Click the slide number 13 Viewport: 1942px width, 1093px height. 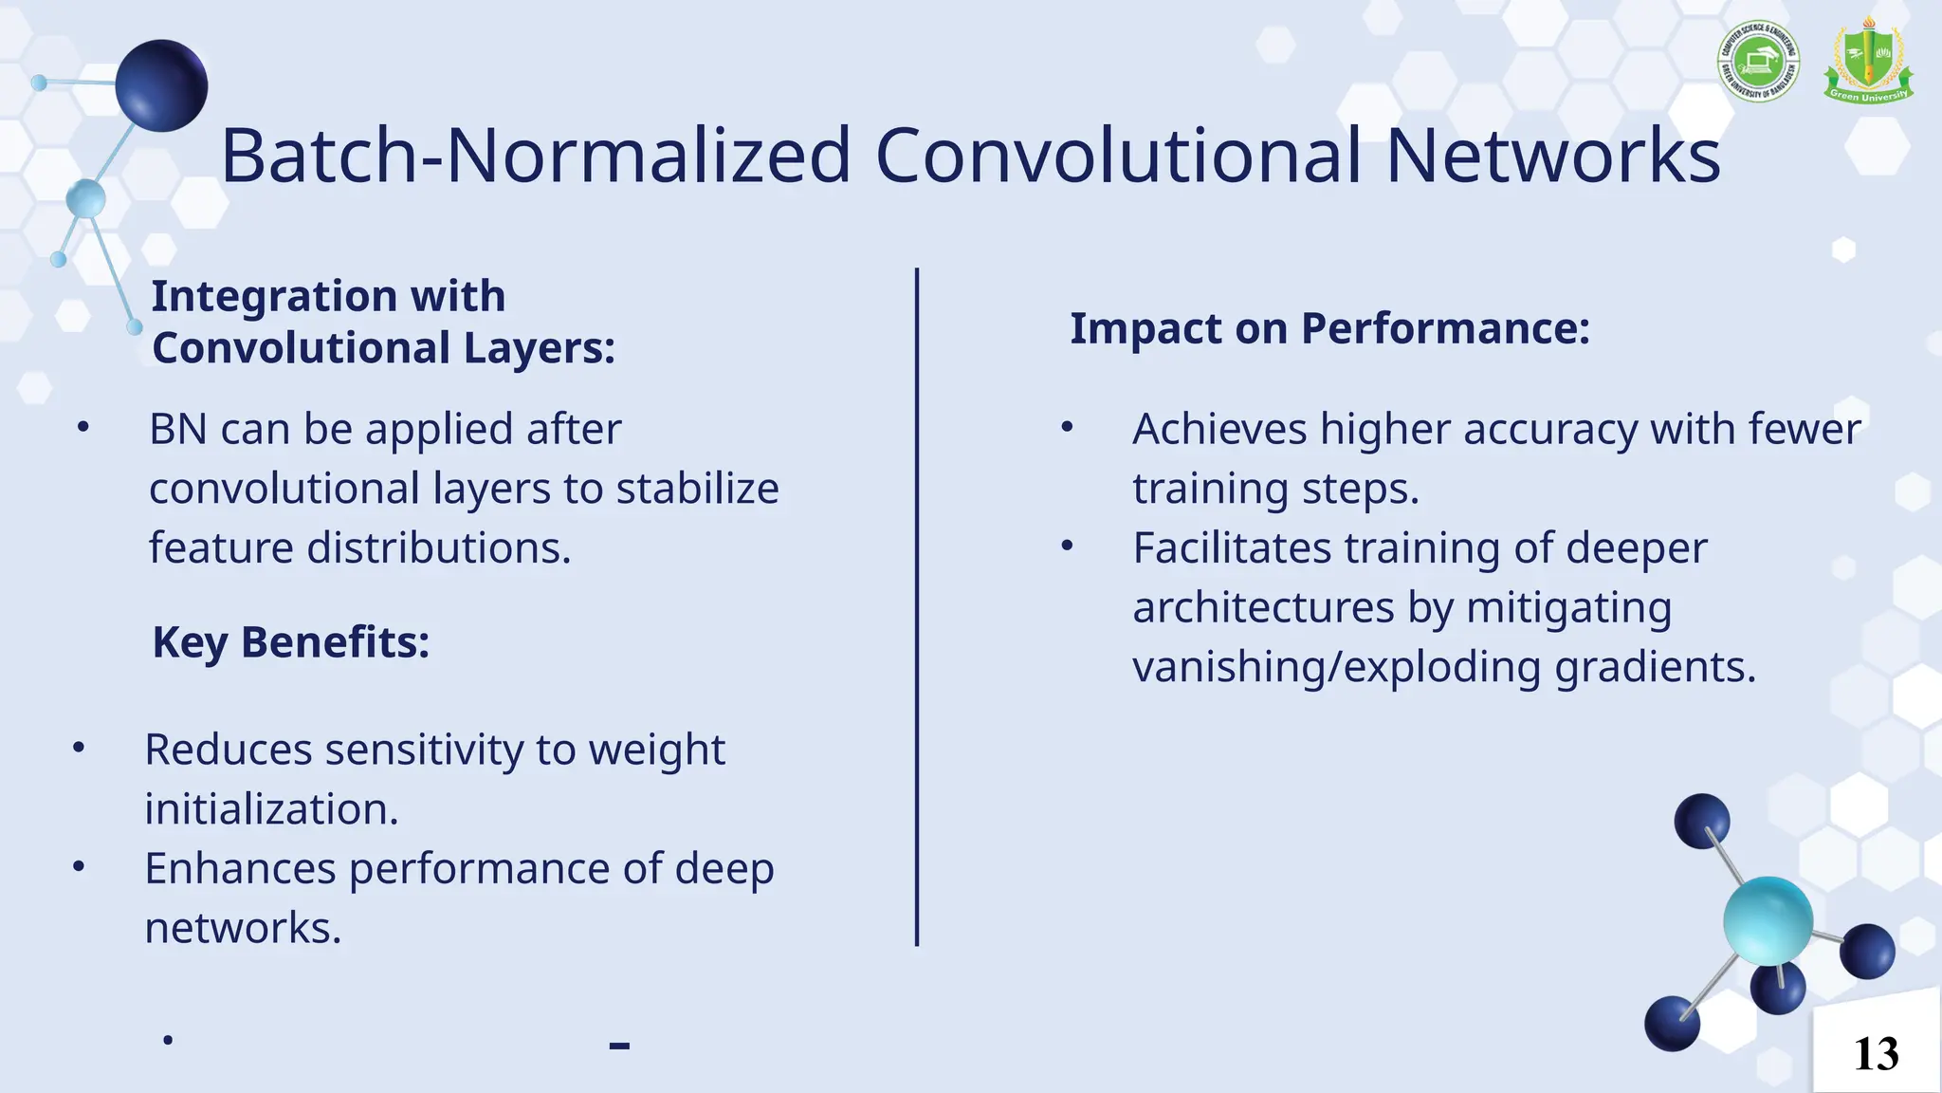coord(1876,1054)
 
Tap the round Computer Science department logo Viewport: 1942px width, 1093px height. coord(1758,62)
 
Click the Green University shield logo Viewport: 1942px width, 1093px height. coord(1867,62)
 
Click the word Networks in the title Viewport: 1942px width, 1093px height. coord(1552,156)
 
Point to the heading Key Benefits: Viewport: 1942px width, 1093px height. coord(291,642)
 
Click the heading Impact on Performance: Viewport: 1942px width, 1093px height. coord(1329,328)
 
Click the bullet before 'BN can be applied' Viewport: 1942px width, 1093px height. coord(83,428)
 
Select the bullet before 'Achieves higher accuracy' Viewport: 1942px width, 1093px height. coord(1067,428)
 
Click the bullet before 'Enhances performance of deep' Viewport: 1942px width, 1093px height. coord(79,866)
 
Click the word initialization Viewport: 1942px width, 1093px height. coord(271,809)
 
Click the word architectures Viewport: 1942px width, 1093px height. coord(1263,608)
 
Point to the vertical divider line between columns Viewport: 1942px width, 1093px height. coord(917,607)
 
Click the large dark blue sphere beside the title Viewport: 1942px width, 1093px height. coord(161,85)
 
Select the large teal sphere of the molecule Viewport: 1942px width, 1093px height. coord(1768,920)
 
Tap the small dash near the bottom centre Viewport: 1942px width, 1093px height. coord(619,1046)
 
